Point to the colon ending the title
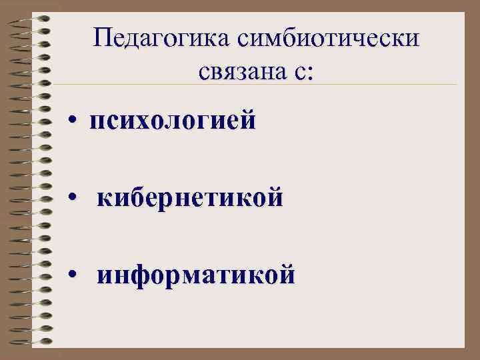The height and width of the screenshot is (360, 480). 307,72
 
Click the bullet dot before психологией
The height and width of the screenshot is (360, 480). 78,122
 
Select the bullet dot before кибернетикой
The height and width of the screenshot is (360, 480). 79,199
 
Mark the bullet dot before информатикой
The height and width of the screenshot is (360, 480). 79,276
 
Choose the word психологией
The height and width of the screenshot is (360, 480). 173,121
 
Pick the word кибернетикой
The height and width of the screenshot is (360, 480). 190,199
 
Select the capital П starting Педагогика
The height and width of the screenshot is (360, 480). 102,39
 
